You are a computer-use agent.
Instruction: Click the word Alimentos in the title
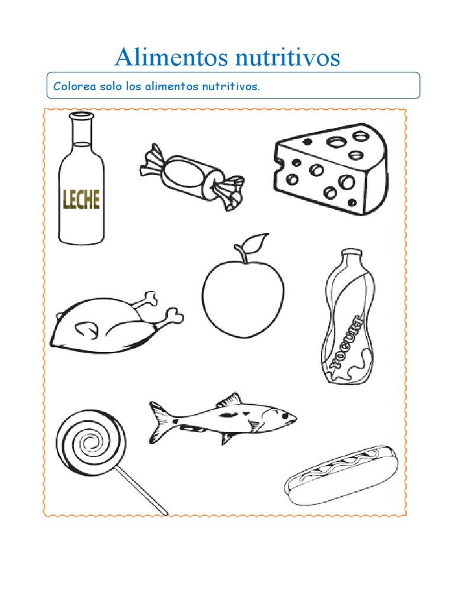click(171, 57)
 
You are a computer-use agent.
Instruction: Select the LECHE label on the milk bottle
click(81, 200)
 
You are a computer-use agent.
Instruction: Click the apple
click(243, 294)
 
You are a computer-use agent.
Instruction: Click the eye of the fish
click(286, 415)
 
